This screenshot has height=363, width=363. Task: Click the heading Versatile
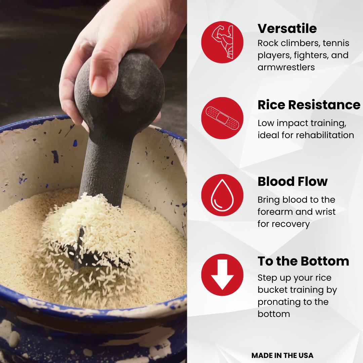(287, 29)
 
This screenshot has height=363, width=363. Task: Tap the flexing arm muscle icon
(223, 42)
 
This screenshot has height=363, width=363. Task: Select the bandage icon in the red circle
(222, 118)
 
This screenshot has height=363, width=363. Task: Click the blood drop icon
(222, 195)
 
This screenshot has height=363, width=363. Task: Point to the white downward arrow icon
(222, 275)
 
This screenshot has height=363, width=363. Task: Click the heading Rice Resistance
(309, 105)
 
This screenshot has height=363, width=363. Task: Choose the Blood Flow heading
(293, 182)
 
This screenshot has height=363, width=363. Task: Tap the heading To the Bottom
(303, 261)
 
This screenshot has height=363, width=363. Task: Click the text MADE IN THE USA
(282, 355)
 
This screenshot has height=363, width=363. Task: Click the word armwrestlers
(286, 67)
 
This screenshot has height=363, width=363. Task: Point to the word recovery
(290, 224)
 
